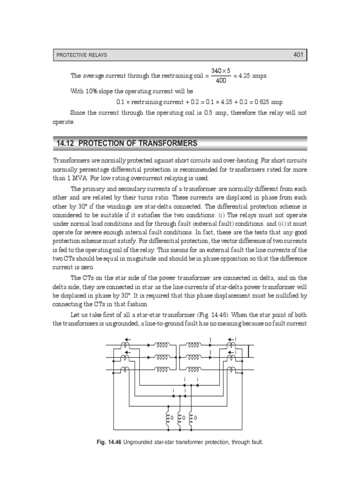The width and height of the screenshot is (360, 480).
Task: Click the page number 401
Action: [x=299, y=55]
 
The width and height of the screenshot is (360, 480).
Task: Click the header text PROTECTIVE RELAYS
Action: [x=82, y=55]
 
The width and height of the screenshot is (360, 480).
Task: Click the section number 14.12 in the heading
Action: [x=67, y=143]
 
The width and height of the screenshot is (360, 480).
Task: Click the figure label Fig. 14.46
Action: [x=109, y=442]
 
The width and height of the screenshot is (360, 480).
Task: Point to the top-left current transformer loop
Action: [x=124, y=345]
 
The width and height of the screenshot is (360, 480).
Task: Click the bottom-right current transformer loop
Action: [x=231, y=369]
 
